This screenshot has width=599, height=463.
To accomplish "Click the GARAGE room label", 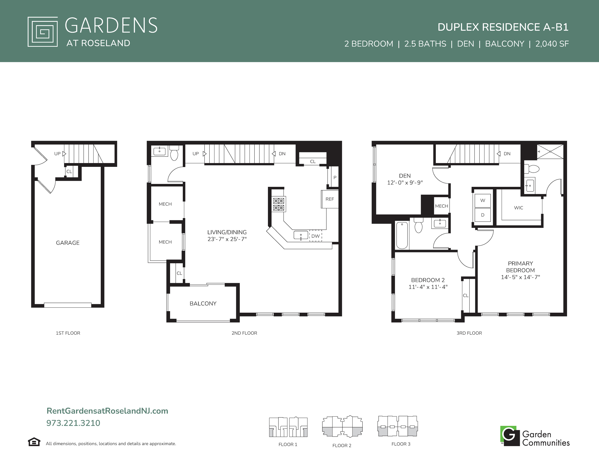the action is coord(68,243).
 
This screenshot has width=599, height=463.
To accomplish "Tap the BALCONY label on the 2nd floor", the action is coord(203,303).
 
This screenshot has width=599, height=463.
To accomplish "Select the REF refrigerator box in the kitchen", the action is coord(330,199).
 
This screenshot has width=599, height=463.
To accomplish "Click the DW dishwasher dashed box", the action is coord(315,236).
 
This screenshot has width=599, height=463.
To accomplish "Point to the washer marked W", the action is coord(483,200).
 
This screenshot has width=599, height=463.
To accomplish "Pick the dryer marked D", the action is coord(483,215).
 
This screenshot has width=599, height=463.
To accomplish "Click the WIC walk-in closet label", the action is coord(518,208).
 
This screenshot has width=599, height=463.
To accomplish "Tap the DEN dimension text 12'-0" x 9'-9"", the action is coord(405,183).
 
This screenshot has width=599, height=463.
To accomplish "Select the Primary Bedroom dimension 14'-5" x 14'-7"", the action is coord(520,277).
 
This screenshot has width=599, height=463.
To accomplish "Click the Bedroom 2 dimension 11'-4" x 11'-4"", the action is coord(428,287).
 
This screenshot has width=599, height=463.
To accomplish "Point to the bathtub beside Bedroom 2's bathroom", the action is coord(402,235).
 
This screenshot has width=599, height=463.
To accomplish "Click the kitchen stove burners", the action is coord(279,204).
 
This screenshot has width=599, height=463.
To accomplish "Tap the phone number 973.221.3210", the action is coord(73,423).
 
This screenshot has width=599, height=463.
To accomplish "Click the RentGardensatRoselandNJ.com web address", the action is coord(107,411).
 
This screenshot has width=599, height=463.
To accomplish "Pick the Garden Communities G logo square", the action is coord(510,436).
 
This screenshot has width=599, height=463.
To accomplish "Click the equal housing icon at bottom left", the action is coord(34,442).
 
